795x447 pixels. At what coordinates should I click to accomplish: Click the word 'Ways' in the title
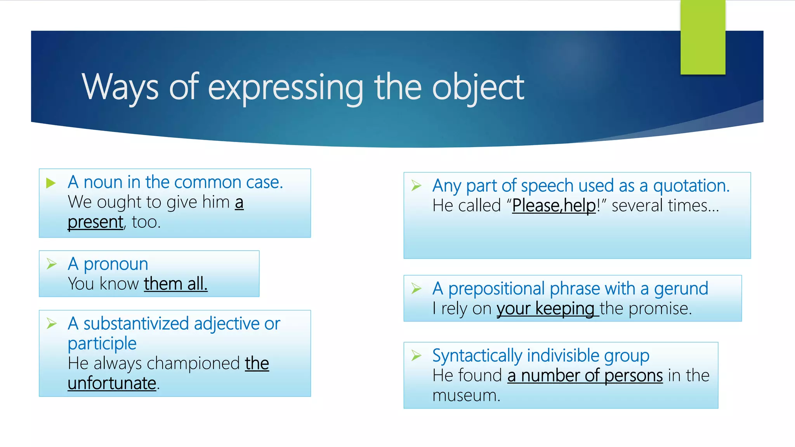click(x=120, y=87)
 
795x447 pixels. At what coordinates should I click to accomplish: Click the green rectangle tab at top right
click(x=703, y=37)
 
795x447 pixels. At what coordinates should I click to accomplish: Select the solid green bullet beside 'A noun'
click(x=51, y=183)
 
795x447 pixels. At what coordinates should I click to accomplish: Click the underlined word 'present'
click(x=95, y=222)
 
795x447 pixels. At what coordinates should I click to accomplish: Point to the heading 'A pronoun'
click(x=108, y=264)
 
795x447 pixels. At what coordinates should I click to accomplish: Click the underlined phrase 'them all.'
click(x=175, y=284)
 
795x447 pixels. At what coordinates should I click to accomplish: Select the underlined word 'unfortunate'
click(x=112, y=383)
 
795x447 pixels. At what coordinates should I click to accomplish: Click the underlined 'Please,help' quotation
click(x=554, y=206)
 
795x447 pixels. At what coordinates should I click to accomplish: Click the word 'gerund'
click(x=681, y=289)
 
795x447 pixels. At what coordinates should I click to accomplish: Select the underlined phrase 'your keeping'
click(x=545, y=309)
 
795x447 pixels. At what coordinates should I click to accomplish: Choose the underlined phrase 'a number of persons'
click(x=585, y=376)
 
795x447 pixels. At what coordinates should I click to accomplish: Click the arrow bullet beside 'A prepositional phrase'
click(x=416, y=288)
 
